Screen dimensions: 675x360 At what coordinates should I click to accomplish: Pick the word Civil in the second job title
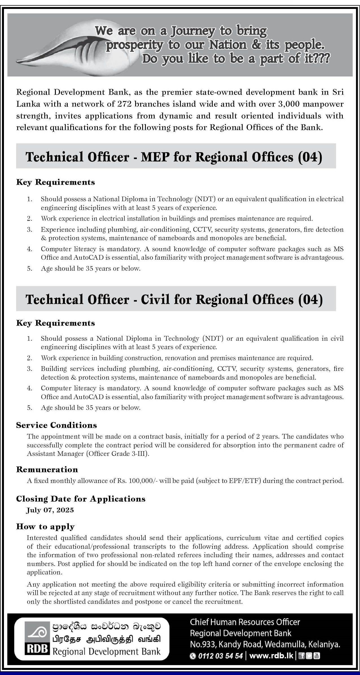click(x=155, y=299)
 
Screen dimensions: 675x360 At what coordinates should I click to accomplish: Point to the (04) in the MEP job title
click(x=310, y=157)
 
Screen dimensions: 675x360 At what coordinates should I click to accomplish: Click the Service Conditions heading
click(x=56, y=425)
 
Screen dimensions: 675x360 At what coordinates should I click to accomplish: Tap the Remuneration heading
click(x=47, y=469)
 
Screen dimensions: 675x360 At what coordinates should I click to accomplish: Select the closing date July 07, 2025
click(x=50, y=510)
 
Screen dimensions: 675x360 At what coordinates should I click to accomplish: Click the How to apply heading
click(x=45, y=527)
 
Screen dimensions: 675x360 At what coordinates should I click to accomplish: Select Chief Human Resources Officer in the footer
click(x=245, y=622)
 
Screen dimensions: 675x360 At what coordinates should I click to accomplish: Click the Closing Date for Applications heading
click(x=81, y=499)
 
